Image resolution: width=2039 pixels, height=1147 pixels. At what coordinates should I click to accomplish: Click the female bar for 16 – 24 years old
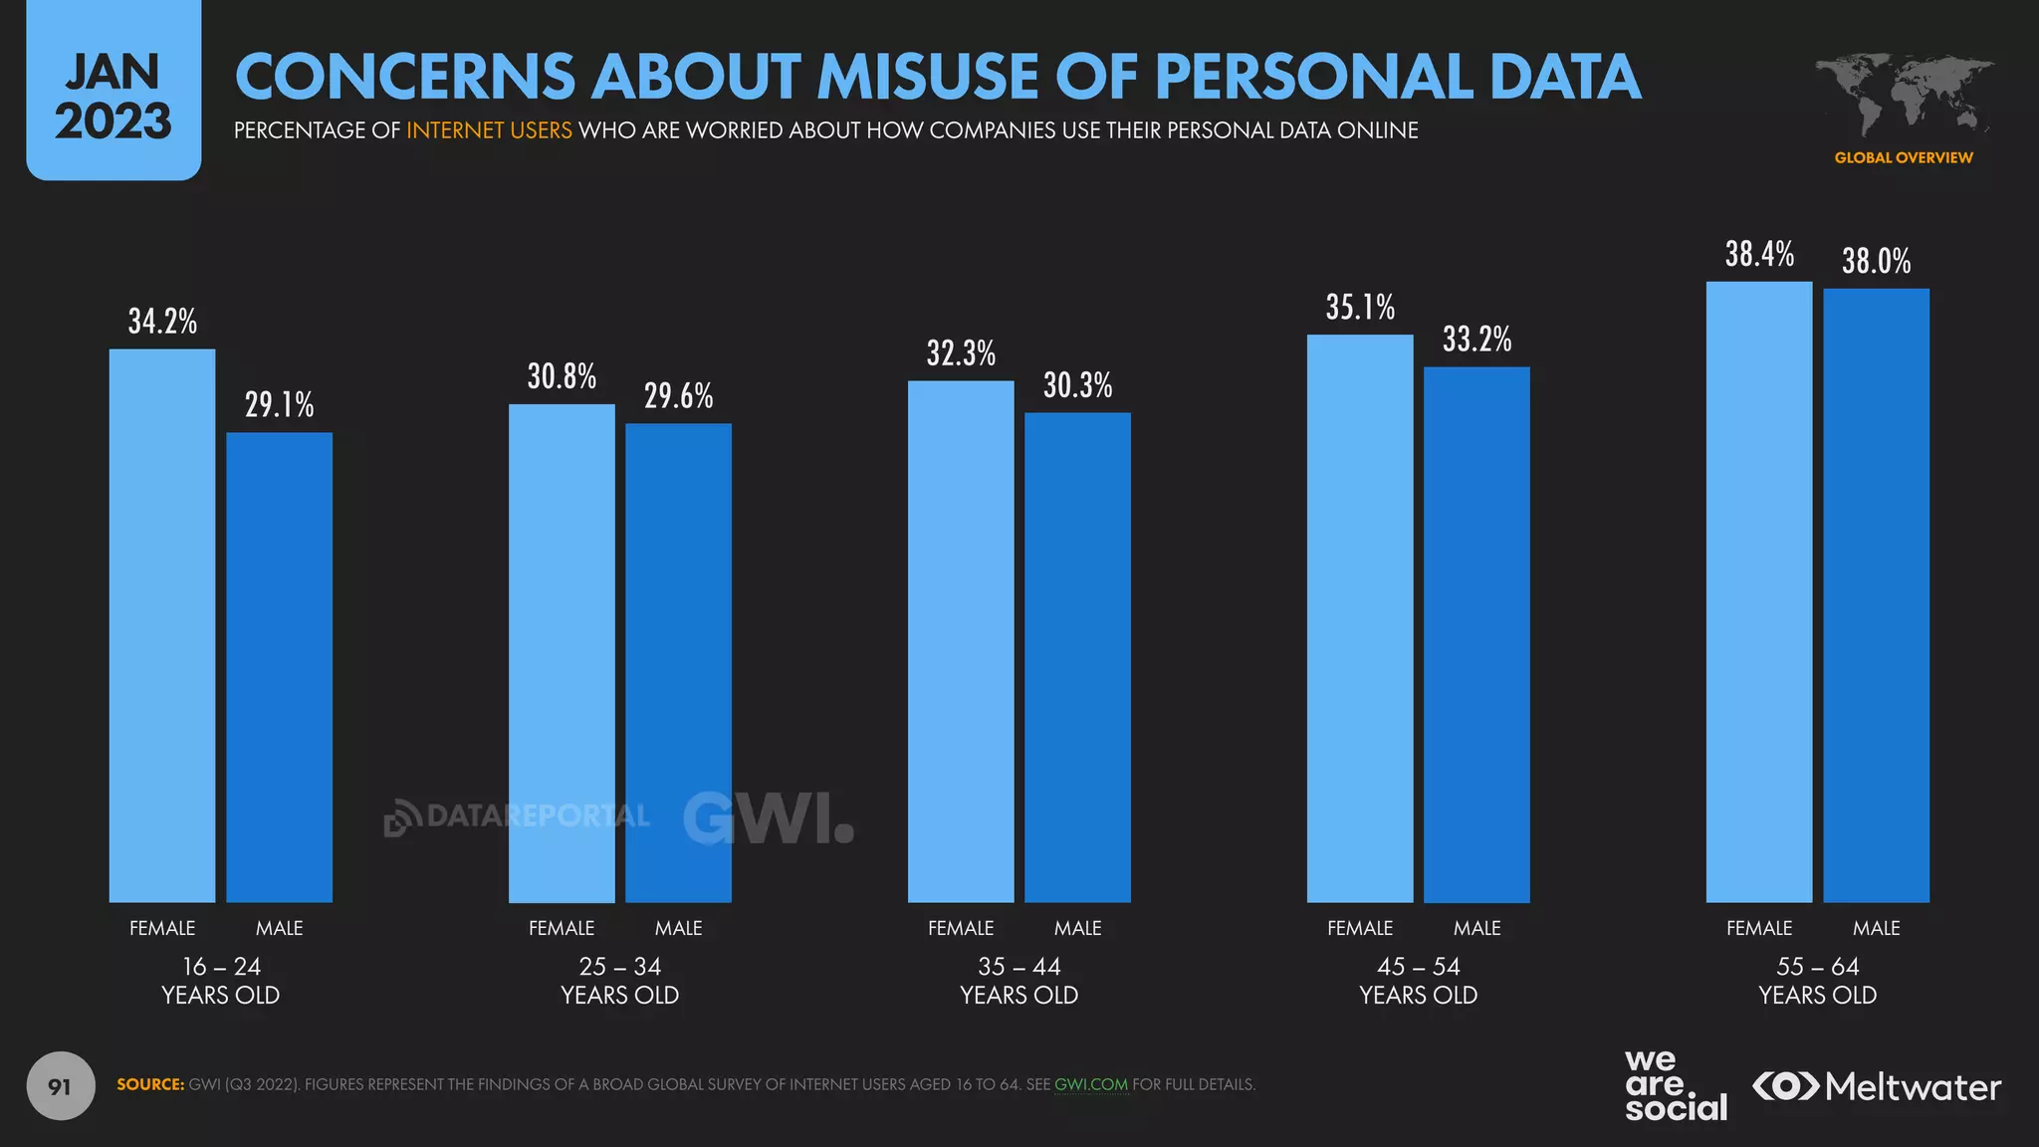pos(162,625)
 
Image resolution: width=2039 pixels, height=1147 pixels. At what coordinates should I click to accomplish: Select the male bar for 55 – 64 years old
pos(1876,595)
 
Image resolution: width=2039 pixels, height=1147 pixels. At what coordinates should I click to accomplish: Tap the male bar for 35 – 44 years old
pos(1077,657)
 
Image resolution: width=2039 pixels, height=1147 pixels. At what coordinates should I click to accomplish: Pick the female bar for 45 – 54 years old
pos(1360,618)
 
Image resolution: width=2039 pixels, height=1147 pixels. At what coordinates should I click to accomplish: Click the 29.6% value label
pos(678,396)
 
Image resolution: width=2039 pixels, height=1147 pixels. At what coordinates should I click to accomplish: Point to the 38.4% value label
pos(1759,254)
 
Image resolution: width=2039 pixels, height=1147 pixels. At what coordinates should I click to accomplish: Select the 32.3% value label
pos(961,353)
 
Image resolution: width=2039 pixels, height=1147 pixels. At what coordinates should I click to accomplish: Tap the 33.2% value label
pos(1476,340)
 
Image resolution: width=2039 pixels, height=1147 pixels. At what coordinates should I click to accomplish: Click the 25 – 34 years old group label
pos(619,980)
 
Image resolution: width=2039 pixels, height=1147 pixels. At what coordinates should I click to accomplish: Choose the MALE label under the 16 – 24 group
pos(279,928)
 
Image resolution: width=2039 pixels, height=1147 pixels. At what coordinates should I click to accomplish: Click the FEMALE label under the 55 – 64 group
pos(1759,928)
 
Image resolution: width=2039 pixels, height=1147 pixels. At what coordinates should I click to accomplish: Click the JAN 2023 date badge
pos(113,96)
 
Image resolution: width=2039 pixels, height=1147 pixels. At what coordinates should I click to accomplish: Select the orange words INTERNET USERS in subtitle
pos(489,130)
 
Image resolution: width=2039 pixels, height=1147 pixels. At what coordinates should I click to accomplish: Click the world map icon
pos(1904,96)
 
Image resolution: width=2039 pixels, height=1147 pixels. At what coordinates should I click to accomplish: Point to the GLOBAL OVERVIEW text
pos(1904,157)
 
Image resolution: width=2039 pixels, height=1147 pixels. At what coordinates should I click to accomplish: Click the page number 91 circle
pos(61,1085)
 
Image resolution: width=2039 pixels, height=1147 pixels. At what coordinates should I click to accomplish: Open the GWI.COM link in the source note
pos(1090,1084)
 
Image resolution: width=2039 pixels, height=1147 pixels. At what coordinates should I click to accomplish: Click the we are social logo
pos(1675,1085)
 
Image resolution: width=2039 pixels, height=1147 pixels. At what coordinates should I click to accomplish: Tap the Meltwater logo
pos(1877,1086)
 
